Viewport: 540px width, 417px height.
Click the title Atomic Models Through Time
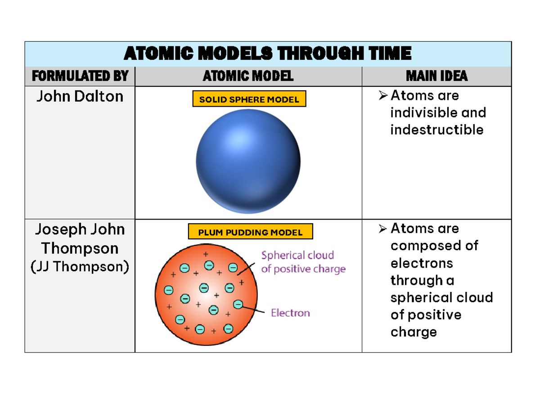[267, 54]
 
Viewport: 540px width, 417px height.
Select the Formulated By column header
[80, 76]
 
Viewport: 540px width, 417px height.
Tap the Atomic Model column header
[248, 76]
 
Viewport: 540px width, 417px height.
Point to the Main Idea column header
[436, 76]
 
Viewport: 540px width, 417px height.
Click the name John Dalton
[80, 96]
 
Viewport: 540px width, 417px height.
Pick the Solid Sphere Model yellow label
[249, 99]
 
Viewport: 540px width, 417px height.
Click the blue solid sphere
[248, 162]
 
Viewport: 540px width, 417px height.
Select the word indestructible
[436, 130]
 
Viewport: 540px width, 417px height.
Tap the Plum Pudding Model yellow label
[250, 233]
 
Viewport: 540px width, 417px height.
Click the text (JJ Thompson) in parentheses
[80, 267]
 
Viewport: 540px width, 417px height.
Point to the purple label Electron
[290, 313]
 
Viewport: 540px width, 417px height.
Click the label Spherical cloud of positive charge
[303, 262]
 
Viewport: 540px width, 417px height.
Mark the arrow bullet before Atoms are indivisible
[383, 95]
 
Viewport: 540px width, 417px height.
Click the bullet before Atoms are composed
[383, 229]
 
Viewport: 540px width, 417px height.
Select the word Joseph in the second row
[55, 229]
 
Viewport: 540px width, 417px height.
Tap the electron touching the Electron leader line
[238, 305]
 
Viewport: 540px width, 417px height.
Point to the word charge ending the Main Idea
[414, 332]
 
